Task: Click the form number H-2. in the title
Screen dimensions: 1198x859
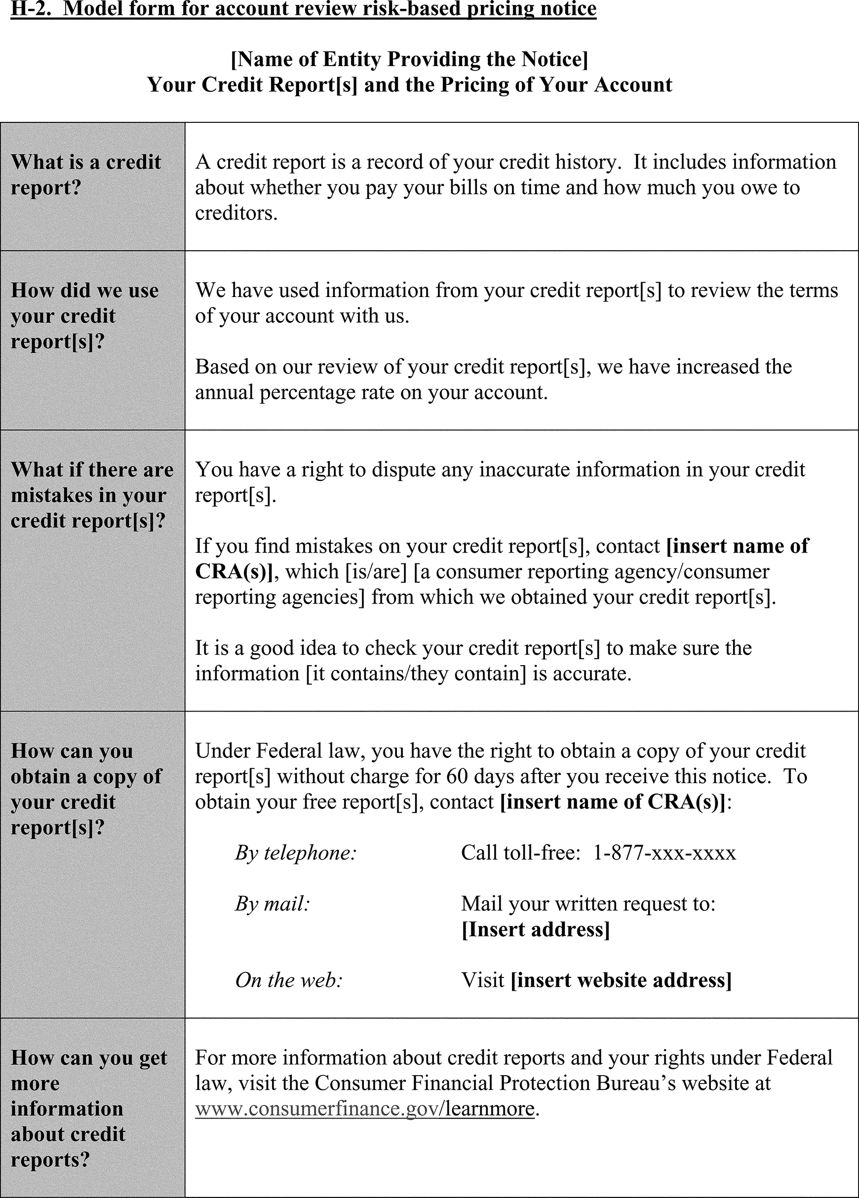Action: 31,8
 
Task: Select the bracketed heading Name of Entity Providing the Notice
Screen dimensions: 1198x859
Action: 409,59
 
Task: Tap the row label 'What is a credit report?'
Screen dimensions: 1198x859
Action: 85,174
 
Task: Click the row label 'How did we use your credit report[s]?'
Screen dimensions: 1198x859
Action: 84,315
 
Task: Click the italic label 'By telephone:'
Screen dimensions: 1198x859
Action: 296,853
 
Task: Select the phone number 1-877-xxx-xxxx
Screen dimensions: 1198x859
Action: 664,853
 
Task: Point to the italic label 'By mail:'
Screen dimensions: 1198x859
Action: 272,904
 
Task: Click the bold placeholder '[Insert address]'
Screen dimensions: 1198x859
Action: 536,930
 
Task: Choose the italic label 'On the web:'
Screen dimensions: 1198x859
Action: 289,980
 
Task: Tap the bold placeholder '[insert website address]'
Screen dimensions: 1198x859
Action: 621,980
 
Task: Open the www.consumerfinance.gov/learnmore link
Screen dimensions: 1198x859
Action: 365,1109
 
